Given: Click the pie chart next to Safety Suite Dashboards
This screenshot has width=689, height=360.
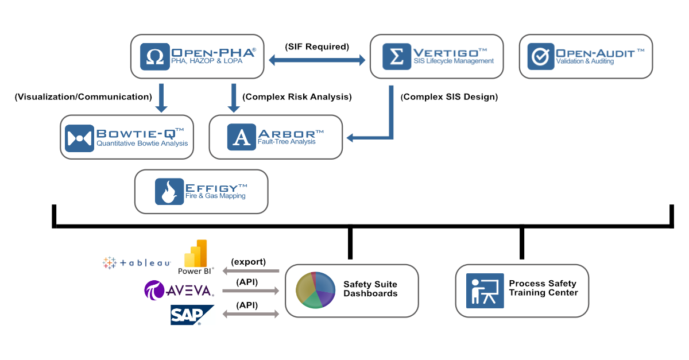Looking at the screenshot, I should (315, 291).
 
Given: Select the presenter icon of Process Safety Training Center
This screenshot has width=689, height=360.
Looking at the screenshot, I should (485, 291).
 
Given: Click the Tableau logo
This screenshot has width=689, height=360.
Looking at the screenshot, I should (137, 262).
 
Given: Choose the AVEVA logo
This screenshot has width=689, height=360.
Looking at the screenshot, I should (179, 291).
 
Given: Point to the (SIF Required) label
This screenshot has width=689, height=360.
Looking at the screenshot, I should (317, 47).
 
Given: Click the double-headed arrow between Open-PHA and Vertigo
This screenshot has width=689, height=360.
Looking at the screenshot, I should (317, 59).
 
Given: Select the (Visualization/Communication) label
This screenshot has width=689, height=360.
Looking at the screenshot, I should (83, 97).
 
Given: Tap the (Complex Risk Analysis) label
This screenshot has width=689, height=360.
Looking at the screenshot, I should (297, 97).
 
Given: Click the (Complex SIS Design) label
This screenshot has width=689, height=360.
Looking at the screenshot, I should (449, 97).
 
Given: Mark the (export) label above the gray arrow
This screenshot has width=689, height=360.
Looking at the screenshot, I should (248, 261).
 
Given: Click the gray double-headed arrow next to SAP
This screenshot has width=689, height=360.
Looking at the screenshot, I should (250, 314).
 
